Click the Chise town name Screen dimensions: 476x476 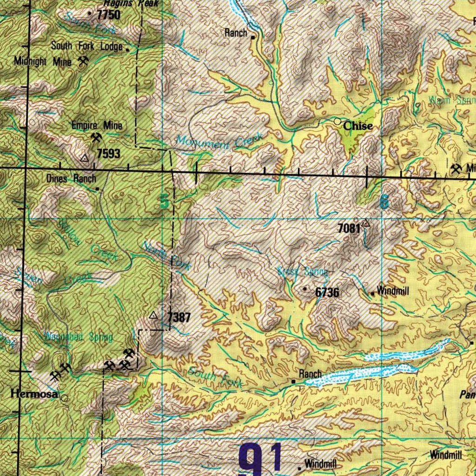[358, 126]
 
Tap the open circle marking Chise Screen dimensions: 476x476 [338, 121]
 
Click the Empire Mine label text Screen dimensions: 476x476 [97, 126]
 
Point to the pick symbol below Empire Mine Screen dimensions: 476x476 [97, 138]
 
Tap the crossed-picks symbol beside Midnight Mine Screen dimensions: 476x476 [83, 61]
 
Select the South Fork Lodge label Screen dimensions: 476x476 [86, 46]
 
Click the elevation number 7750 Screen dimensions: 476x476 [108, 15]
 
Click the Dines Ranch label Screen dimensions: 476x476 [71, 178]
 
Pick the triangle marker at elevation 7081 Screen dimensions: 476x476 [366, 223]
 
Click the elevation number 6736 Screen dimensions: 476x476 [327, 292]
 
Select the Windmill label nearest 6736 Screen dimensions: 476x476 [393, 291]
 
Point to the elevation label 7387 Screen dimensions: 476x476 [178, 318]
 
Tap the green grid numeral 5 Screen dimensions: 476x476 [164, 201]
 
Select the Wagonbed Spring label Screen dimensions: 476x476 [78, 337]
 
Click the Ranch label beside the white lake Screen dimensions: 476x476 [310, 374]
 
